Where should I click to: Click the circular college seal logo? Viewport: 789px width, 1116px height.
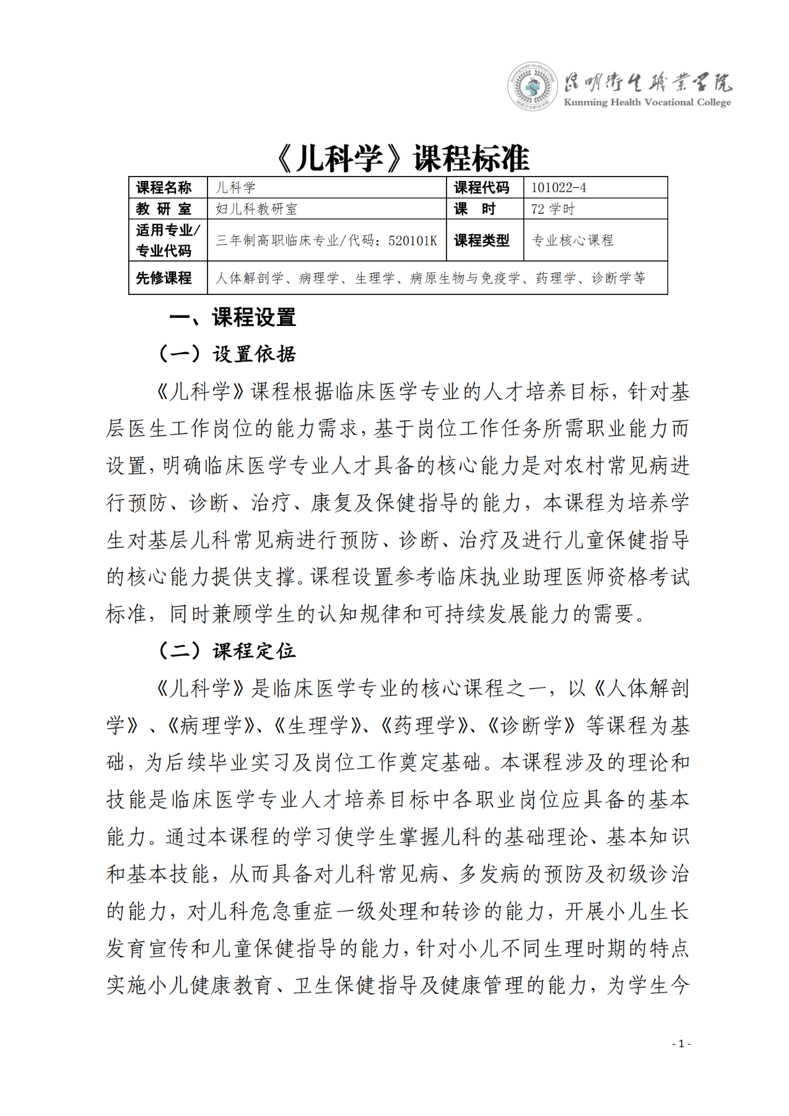click(530, 87)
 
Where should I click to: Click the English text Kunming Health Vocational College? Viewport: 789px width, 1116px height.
click(647, 102)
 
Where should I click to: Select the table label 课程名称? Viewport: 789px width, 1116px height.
click(164, 188)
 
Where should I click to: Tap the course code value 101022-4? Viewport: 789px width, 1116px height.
click(559, 188)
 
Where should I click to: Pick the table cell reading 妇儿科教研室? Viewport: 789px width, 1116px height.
click(256, 209)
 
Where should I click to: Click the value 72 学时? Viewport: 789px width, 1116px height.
click(552, 209)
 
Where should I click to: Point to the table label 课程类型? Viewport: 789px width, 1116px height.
click(481, 240)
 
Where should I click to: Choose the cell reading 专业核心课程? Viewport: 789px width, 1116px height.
click(573, 240)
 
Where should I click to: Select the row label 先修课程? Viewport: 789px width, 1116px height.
click(164, 278)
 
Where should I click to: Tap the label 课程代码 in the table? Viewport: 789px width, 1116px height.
click(481, 188)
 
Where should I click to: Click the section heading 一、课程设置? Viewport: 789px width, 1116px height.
click(232, 318)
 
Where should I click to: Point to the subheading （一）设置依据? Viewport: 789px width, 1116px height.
click(227, 354)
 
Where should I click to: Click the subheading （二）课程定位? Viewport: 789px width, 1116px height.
click(227, 651)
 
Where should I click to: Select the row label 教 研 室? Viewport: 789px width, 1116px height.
click(164, 209)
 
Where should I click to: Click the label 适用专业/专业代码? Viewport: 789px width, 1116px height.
click(167, 240)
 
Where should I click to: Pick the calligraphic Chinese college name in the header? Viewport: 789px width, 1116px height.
click(647, 81)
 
